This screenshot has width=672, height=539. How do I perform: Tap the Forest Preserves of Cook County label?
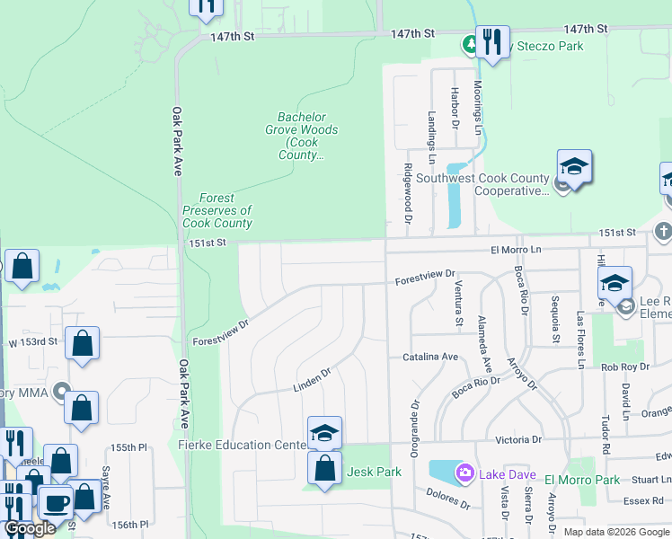pos(217,211)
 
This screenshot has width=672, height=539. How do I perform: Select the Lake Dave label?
pos(507,474)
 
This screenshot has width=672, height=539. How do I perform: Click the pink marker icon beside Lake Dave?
pos(464,473)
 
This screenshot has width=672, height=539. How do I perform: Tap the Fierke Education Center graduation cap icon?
pos(324,433)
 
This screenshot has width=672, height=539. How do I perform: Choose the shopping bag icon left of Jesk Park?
pos(324,467)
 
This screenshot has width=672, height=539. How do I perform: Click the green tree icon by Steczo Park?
pos(469,43)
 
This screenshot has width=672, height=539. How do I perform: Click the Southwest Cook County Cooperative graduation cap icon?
pos(574,166)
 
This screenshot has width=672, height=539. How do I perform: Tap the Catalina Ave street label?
pos(430,357)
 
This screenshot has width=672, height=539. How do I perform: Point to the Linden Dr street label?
pos(312,380)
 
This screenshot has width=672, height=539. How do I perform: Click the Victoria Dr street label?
pos(518,440)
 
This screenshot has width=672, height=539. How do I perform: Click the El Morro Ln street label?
pos(517,250)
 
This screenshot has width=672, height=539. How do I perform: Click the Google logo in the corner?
pos(31,528)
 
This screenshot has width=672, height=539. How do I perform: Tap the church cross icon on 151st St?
pos(663,231)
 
